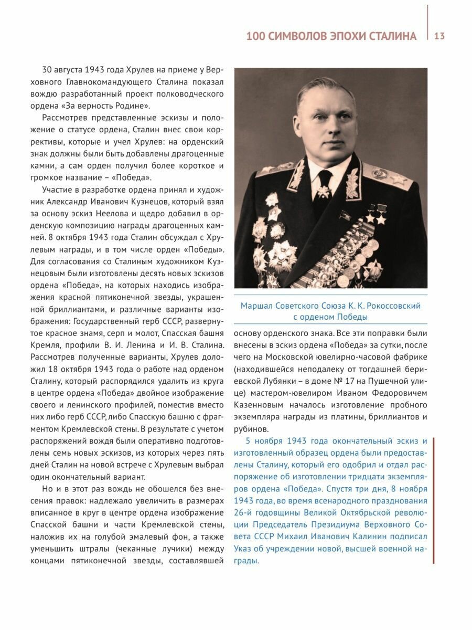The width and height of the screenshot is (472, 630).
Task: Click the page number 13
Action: [439, 36]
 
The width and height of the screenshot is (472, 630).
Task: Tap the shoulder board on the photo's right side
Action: [390, 177]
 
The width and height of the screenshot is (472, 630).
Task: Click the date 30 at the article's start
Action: [48, 70]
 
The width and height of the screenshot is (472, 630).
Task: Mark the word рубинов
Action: [248, 429]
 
